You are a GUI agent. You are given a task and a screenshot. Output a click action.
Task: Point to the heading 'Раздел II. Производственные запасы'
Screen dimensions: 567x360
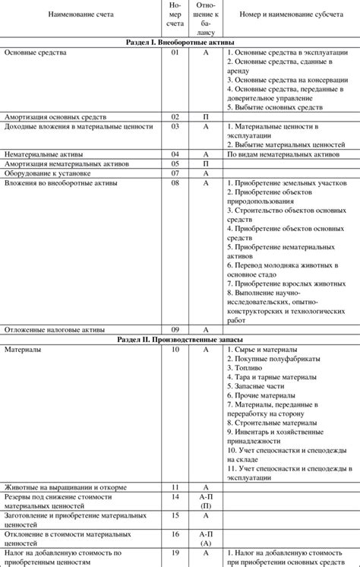point(180,339)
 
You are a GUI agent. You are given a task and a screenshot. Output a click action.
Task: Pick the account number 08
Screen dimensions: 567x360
point(175,183)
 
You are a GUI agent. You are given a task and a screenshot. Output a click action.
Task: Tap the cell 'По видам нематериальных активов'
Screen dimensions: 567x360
point(283,154)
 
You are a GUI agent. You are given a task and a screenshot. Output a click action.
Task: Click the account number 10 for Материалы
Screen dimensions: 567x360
point(175,349)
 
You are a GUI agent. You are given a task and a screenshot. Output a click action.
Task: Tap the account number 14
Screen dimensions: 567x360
point(175,496)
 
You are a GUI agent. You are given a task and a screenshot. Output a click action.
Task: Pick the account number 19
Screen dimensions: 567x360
point(175,553)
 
